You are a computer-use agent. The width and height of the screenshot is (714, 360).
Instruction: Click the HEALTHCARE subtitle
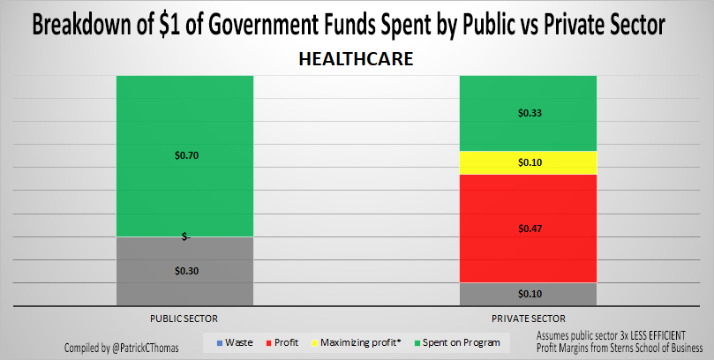(x=357, y=59)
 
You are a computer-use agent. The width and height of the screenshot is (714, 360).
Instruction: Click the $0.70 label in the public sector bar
(x=185, y=155)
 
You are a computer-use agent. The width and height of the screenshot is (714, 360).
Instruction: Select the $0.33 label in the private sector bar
(x=529, y=113)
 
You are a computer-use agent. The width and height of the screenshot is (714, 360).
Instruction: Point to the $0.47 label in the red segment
(x=529, y=229)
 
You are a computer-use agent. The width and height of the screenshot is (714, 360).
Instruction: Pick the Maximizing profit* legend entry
(x=360, y=342)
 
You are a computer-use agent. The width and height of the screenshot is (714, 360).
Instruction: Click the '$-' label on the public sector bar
(x=185, y=236)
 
